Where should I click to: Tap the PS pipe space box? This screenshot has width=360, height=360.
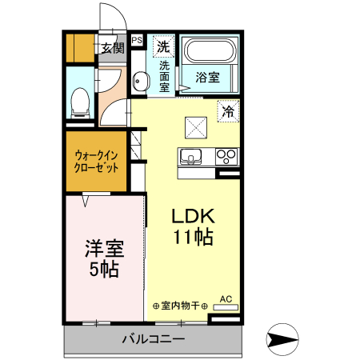click(137, 38)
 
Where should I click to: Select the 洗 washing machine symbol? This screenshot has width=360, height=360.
click(164, 45)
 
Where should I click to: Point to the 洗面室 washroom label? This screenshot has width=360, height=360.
click(164, 76)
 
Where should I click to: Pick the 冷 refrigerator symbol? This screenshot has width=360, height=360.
click(228, 112)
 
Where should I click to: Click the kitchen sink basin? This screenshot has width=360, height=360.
click(192, 156)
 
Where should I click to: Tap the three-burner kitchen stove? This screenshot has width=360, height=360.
click(225, 156)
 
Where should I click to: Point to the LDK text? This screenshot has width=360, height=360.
click(191, 217)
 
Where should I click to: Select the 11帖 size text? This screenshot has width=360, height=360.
click(192, 238)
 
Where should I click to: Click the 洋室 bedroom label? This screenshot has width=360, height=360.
click(103, 248)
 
